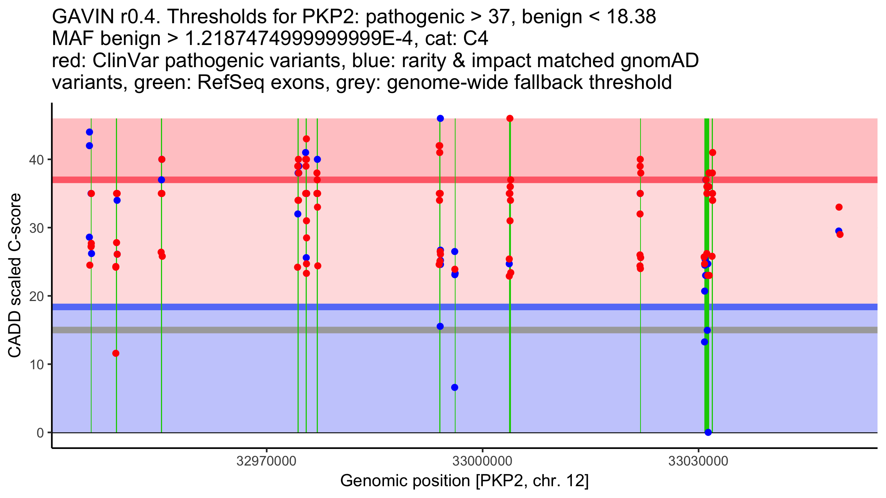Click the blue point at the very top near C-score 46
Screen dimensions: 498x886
tap(440, 118)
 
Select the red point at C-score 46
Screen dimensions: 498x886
tap(510, 118)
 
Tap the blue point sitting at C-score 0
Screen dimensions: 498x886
tap(708, 432)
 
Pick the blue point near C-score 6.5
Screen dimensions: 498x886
tap(454, 387)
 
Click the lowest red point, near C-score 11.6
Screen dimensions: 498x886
tap(116, 353)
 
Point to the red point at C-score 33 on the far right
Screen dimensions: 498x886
tap(839, 207)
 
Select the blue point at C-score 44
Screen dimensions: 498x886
tap(89, 132)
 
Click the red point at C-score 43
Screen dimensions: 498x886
tap(306, 139)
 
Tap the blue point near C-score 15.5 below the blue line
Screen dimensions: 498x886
tap(440, 326)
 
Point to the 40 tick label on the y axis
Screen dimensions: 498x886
tap(37, 160)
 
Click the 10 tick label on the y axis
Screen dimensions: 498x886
tap(37, 364)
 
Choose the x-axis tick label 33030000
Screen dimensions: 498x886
tap(698, 461)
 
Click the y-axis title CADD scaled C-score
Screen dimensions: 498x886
tap(15, 276)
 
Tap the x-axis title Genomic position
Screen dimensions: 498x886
tap(464, 481)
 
